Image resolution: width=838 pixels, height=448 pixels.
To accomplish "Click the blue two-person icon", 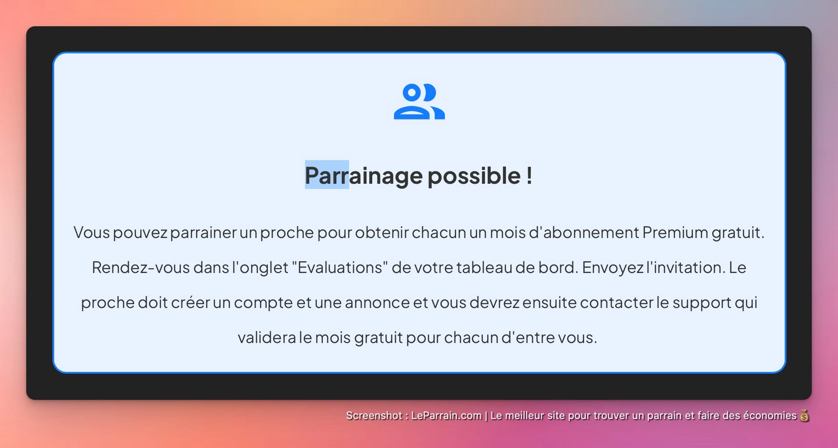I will tap(419, 101).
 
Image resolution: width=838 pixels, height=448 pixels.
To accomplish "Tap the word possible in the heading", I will tap(474, 176).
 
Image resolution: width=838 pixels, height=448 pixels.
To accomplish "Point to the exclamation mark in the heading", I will tap(529, 176).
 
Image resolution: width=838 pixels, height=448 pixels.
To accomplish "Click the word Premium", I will tap(675, 233).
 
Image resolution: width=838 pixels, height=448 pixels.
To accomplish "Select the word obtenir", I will tap(382, 233).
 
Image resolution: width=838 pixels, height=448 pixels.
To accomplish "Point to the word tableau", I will tap(484, 268).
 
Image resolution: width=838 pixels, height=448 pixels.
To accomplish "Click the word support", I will tap(702, 303).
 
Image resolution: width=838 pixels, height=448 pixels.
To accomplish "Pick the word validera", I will tap(267, 338).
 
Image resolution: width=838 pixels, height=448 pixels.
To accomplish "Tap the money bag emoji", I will tap(804, 416).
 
